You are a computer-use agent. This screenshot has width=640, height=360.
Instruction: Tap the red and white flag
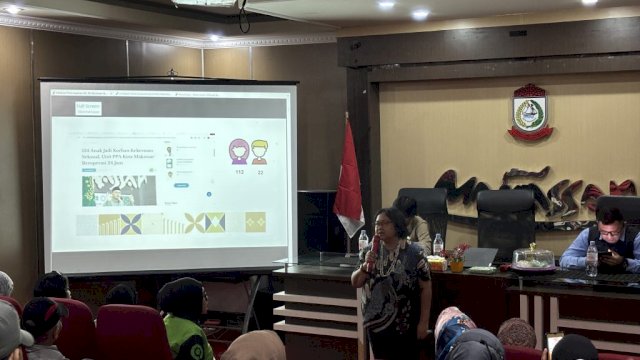tap(348, 180)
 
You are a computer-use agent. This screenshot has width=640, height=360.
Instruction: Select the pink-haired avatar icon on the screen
tap(239, 151)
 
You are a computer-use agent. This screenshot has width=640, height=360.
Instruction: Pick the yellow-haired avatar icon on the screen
tap(260, 151)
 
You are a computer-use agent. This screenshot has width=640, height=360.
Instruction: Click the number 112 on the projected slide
tap(239, 171)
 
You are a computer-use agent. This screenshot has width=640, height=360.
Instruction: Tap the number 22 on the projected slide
tap(260, 171)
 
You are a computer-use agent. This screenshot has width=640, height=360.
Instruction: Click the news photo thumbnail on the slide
tap(119, 190)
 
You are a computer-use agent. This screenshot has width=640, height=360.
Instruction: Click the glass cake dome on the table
tap(533, 258)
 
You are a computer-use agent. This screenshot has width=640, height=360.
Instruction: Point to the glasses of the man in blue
tap(609, 231)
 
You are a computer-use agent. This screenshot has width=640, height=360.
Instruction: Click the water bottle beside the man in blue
tap(592, 259)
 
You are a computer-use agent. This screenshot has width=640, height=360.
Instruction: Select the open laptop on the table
tap(481, 257)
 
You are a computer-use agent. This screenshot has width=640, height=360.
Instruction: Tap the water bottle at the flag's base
tap(363, 243)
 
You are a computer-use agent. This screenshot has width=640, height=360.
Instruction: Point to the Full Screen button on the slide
tap(88, 107)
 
